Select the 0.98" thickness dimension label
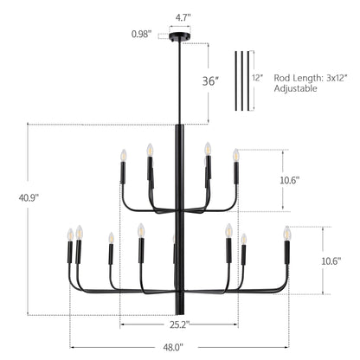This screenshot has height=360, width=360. click(141, 34)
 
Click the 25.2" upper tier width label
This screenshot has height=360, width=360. click(179, 325)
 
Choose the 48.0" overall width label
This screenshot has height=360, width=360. click(179, 347)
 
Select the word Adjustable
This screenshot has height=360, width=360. click(297, 88)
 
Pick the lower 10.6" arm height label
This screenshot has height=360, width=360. click(341, 260)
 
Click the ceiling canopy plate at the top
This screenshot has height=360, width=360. click(180, 40)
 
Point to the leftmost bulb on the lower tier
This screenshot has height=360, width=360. click(69, 235)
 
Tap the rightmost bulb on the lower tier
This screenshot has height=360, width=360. click(286, 233)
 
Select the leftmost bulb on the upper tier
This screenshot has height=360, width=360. click(123, 155)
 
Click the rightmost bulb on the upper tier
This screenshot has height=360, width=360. click(235, 155)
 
